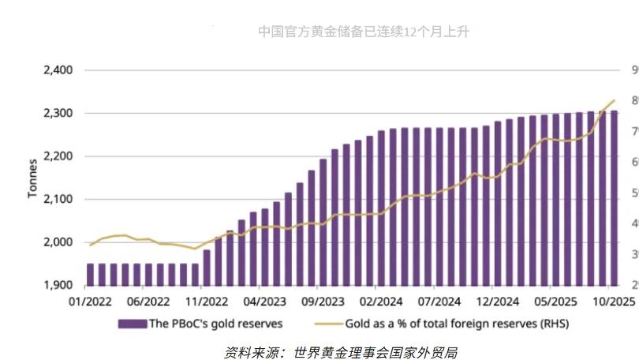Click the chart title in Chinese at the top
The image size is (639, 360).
click(364, 32)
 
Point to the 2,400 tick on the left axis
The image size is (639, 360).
click(57, 70)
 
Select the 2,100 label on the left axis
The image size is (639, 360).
click(57, 199)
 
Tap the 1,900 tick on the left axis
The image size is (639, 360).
click(57, 285)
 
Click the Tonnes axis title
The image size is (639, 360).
click(32, 178)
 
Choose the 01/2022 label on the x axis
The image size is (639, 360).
click(89, 301)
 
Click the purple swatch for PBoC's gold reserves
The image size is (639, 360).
click(133, 323)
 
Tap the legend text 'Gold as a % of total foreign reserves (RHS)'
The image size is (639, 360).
click(457, 323)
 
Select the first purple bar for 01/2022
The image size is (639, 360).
click(90, 274)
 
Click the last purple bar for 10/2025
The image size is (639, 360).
click(614, 197)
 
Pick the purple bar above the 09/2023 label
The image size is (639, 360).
click(323, 222)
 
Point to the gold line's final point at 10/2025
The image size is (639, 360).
click(615, 100)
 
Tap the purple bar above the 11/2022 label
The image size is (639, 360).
click(207, 267)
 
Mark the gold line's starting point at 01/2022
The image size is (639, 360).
click(90, 245)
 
